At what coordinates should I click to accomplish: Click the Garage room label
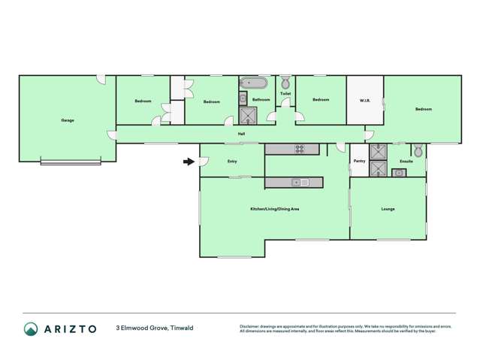click(68, 120)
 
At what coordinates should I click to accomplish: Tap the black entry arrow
click(188, 160)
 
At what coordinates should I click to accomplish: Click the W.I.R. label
click(365, 100)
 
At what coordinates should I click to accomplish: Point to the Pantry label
click(359, 161)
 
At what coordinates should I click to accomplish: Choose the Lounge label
click(388, 209)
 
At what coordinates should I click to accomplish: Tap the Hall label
click(241, 134)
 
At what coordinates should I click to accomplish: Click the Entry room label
click(232, 161)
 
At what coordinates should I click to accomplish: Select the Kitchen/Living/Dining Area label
click(275, 209)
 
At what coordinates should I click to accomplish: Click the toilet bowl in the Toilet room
click(285, 83)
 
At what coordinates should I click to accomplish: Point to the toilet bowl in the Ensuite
click(418, 151)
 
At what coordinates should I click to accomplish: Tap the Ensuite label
click(406, 161)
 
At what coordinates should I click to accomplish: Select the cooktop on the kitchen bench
click(300, 149)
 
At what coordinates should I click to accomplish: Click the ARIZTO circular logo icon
click(31, 328)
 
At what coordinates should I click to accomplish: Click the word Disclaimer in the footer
click(249, 326)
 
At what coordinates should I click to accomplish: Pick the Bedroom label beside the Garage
click(143, 101)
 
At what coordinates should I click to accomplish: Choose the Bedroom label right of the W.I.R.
click(423, 109)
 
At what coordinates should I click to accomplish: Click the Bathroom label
click(261, 100)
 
